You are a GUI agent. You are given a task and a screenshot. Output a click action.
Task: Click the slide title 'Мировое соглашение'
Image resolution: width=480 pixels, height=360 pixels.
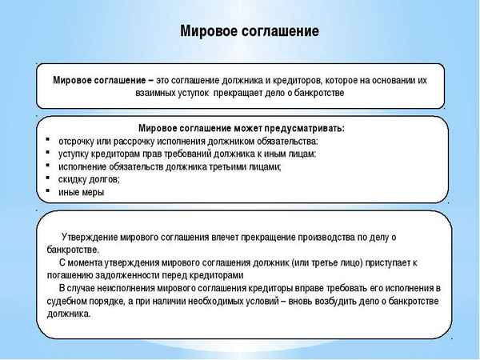click(249, 31)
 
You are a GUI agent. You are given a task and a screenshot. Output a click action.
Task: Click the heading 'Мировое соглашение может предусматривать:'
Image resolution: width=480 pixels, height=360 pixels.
click(241, 129)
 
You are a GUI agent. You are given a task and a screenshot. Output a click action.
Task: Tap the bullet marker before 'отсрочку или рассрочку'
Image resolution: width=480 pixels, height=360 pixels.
click(50, 142)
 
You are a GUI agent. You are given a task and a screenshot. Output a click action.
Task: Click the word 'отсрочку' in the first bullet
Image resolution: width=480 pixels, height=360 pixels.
click(80, 142)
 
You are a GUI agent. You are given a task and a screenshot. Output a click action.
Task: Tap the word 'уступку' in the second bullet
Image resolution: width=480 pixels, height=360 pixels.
click(77, 154)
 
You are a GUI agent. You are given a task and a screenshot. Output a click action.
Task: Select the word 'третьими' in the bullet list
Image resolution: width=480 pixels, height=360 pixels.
click(223, 166)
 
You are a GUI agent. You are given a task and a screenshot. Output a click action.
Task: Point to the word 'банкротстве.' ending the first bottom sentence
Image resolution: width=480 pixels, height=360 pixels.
click(72, 250)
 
